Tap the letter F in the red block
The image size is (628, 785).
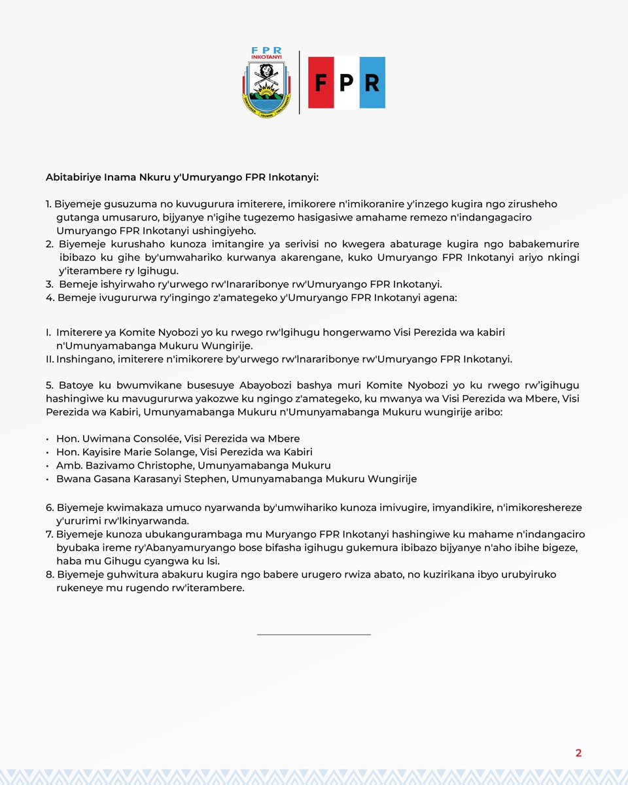tap(321, 83)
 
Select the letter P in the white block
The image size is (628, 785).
tap(346, 83)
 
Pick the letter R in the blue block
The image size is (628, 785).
tap(372, 83)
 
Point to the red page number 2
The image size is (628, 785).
tap(578, 753)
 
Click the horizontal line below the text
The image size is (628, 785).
tap(314, 634)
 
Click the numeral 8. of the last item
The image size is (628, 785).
tap(50, 574)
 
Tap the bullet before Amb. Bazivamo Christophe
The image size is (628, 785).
tap(48, 465)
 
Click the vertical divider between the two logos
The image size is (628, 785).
tap(300, 83)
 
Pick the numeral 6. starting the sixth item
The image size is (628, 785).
tap(50, 508)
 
